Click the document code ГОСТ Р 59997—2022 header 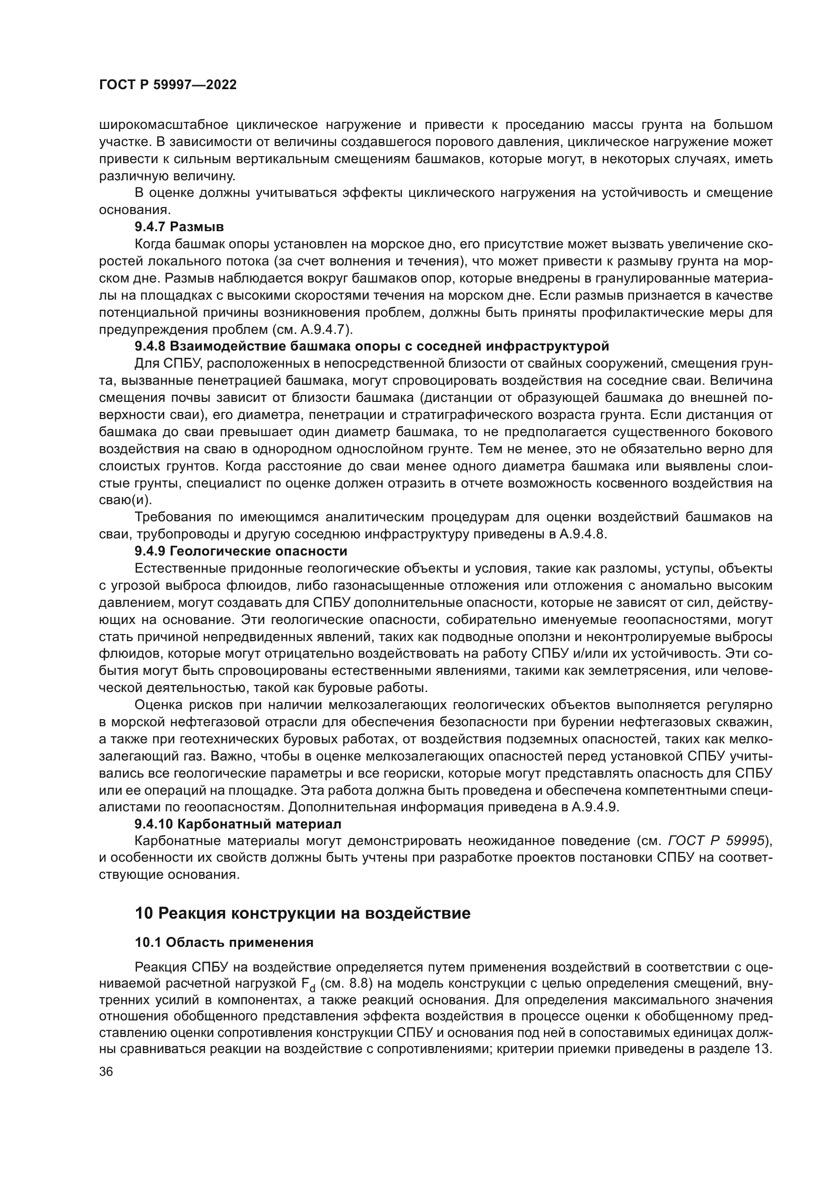pos(168,85)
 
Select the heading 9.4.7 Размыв pos(179,227)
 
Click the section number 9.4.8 pos(150,347)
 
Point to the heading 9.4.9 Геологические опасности pos(241,551)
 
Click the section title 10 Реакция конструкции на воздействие pos(302,913)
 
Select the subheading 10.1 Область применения pos(224,942)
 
